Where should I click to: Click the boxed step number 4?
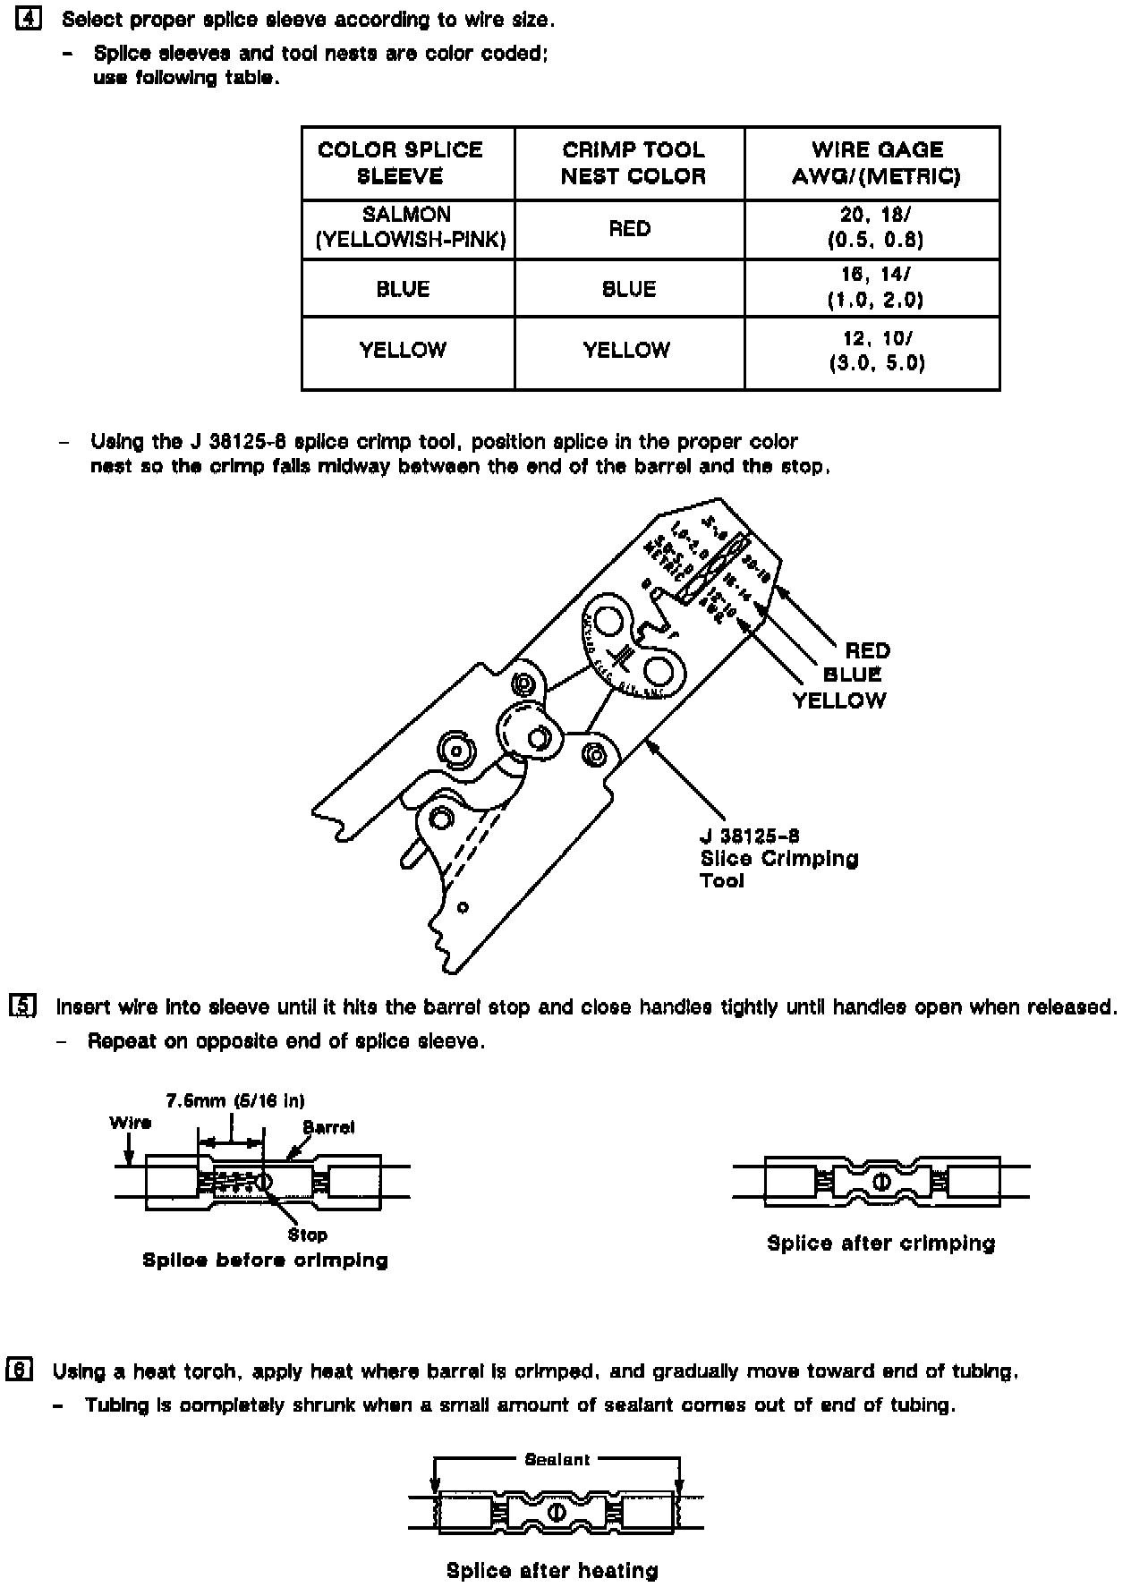pyautogui.click(x=29, y=20)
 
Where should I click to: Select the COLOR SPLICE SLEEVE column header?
pyautogui.click(x=400, y=163)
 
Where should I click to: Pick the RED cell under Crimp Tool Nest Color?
pyautogui.click(x=629, y=229)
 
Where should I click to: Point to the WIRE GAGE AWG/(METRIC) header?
pyautogui.click(x=875, y=163)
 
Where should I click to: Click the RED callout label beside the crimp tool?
pyautogui.click(x=867, y=650)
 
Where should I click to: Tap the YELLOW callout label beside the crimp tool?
pyautogui.click(x=838, y=700)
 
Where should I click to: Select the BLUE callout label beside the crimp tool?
pyautogui.click(x=852, y=675)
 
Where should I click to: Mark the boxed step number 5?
pyautogui.click(x=22, y=1006)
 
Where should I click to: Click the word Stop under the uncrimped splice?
pyautogui.click(x=307, y=1235)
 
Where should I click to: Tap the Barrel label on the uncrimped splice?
pyautogui.click(x=328, y=1127)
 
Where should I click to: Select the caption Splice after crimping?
pyautogui.click(x=880, y=1243)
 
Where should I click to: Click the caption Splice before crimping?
pyautogui.click(x=265, y=1260)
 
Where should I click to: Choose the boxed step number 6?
pyautogui.click(x=20, y=1371)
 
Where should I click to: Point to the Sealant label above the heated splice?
pyautogui.click(x=557, y=1459)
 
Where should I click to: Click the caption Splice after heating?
pyautogui.click(x=552, y=1570)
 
